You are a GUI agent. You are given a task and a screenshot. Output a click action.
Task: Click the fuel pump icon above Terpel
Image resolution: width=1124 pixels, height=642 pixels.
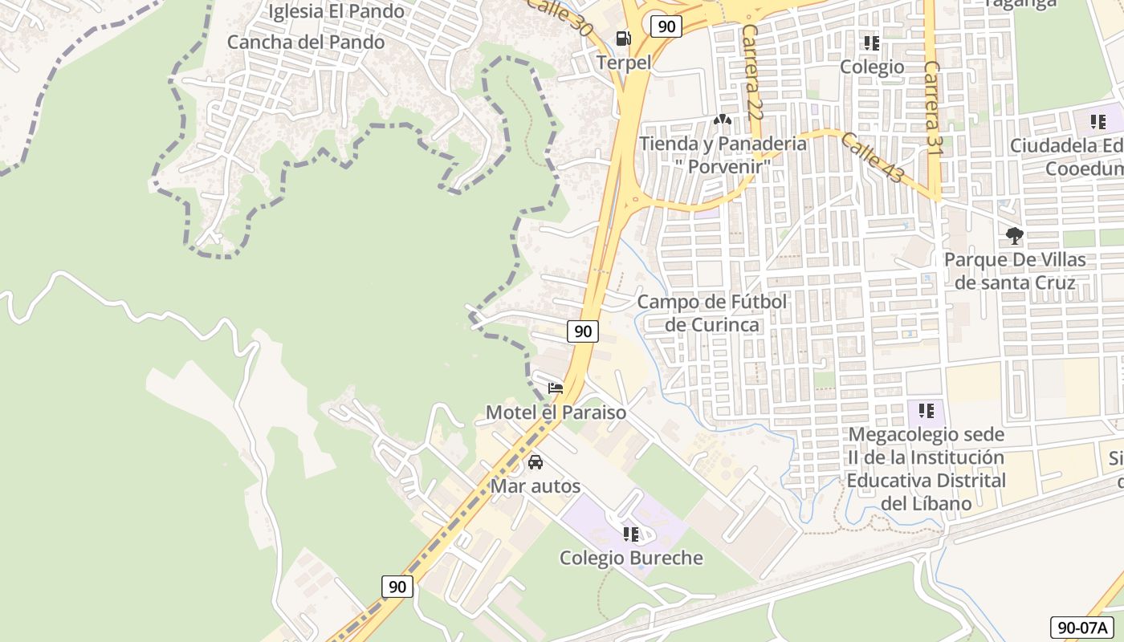[623, 38]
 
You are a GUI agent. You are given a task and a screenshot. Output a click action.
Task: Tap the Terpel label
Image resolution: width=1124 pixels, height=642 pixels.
[624, 62]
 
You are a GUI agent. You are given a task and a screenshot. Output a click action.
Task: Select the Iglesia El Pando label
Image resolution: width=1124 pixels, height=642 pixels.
[336, 11]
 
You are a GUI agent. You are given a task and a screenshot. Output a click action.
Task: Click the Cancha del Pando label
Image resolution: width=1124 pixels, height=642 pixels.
[306, 42]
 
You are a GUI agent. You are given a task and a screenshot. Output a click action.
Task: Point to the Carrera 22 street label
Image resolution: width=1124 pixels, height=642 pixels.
[751, 72]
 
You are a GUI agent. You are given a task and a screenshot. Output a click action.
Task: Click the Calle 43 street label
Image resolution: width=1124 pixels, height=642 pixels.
[870, 156]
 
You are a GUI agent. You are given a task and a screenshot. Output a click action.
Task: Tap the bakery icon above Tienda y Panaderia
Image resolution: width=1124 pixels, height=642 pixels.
[722, 120]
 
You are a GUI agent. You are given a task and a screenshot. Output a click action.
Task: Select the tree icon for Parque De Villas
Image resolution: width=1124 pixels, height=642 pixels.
[1015, 236]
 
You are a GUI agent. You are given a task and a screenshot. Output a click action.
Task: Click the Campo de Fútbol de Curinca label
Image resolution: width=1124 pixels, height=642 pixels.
[712, 313]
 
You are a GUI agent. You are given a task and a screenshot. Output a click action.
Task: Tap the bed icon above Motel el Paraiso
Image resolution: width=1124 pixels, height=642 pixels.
[556, 388]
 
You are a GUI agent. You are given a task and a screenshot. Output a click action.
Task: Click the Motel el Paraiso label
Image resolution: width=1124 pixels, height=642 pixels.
[556, 412]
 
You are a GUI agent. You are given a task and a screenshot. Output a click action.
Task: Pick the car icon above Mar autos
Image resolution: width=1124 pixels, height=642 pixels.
[536, 462]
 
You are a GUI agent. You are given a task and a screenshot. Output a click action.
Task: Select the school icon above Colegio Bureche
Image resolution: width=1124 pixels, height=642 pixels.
[631, 534]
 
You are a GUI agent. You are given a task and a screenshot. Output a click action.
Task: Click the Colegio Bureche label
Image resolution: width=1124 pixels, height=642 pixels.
[631, 558]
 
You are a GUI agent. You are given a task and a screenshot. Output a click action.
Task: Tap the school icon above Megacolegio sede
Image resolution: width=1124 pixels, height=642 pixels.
[926, 411]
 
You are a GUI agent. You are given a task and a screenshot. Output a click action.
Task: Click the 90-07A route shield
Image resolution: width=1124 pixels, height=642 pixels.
[1081, 628]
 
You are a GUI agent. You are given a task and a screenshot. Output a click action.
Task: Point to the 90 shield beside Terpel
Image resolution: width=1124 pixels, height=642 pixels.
[666, 26]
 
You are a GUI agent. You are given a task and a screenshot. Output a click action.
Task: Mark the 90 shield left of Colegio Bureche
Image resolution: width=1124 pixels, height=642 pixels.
[397, 587]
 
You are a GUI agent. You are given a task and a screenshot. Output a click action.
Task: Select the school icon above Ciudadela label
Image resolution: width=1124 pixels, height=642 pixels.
[1098, 122]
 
